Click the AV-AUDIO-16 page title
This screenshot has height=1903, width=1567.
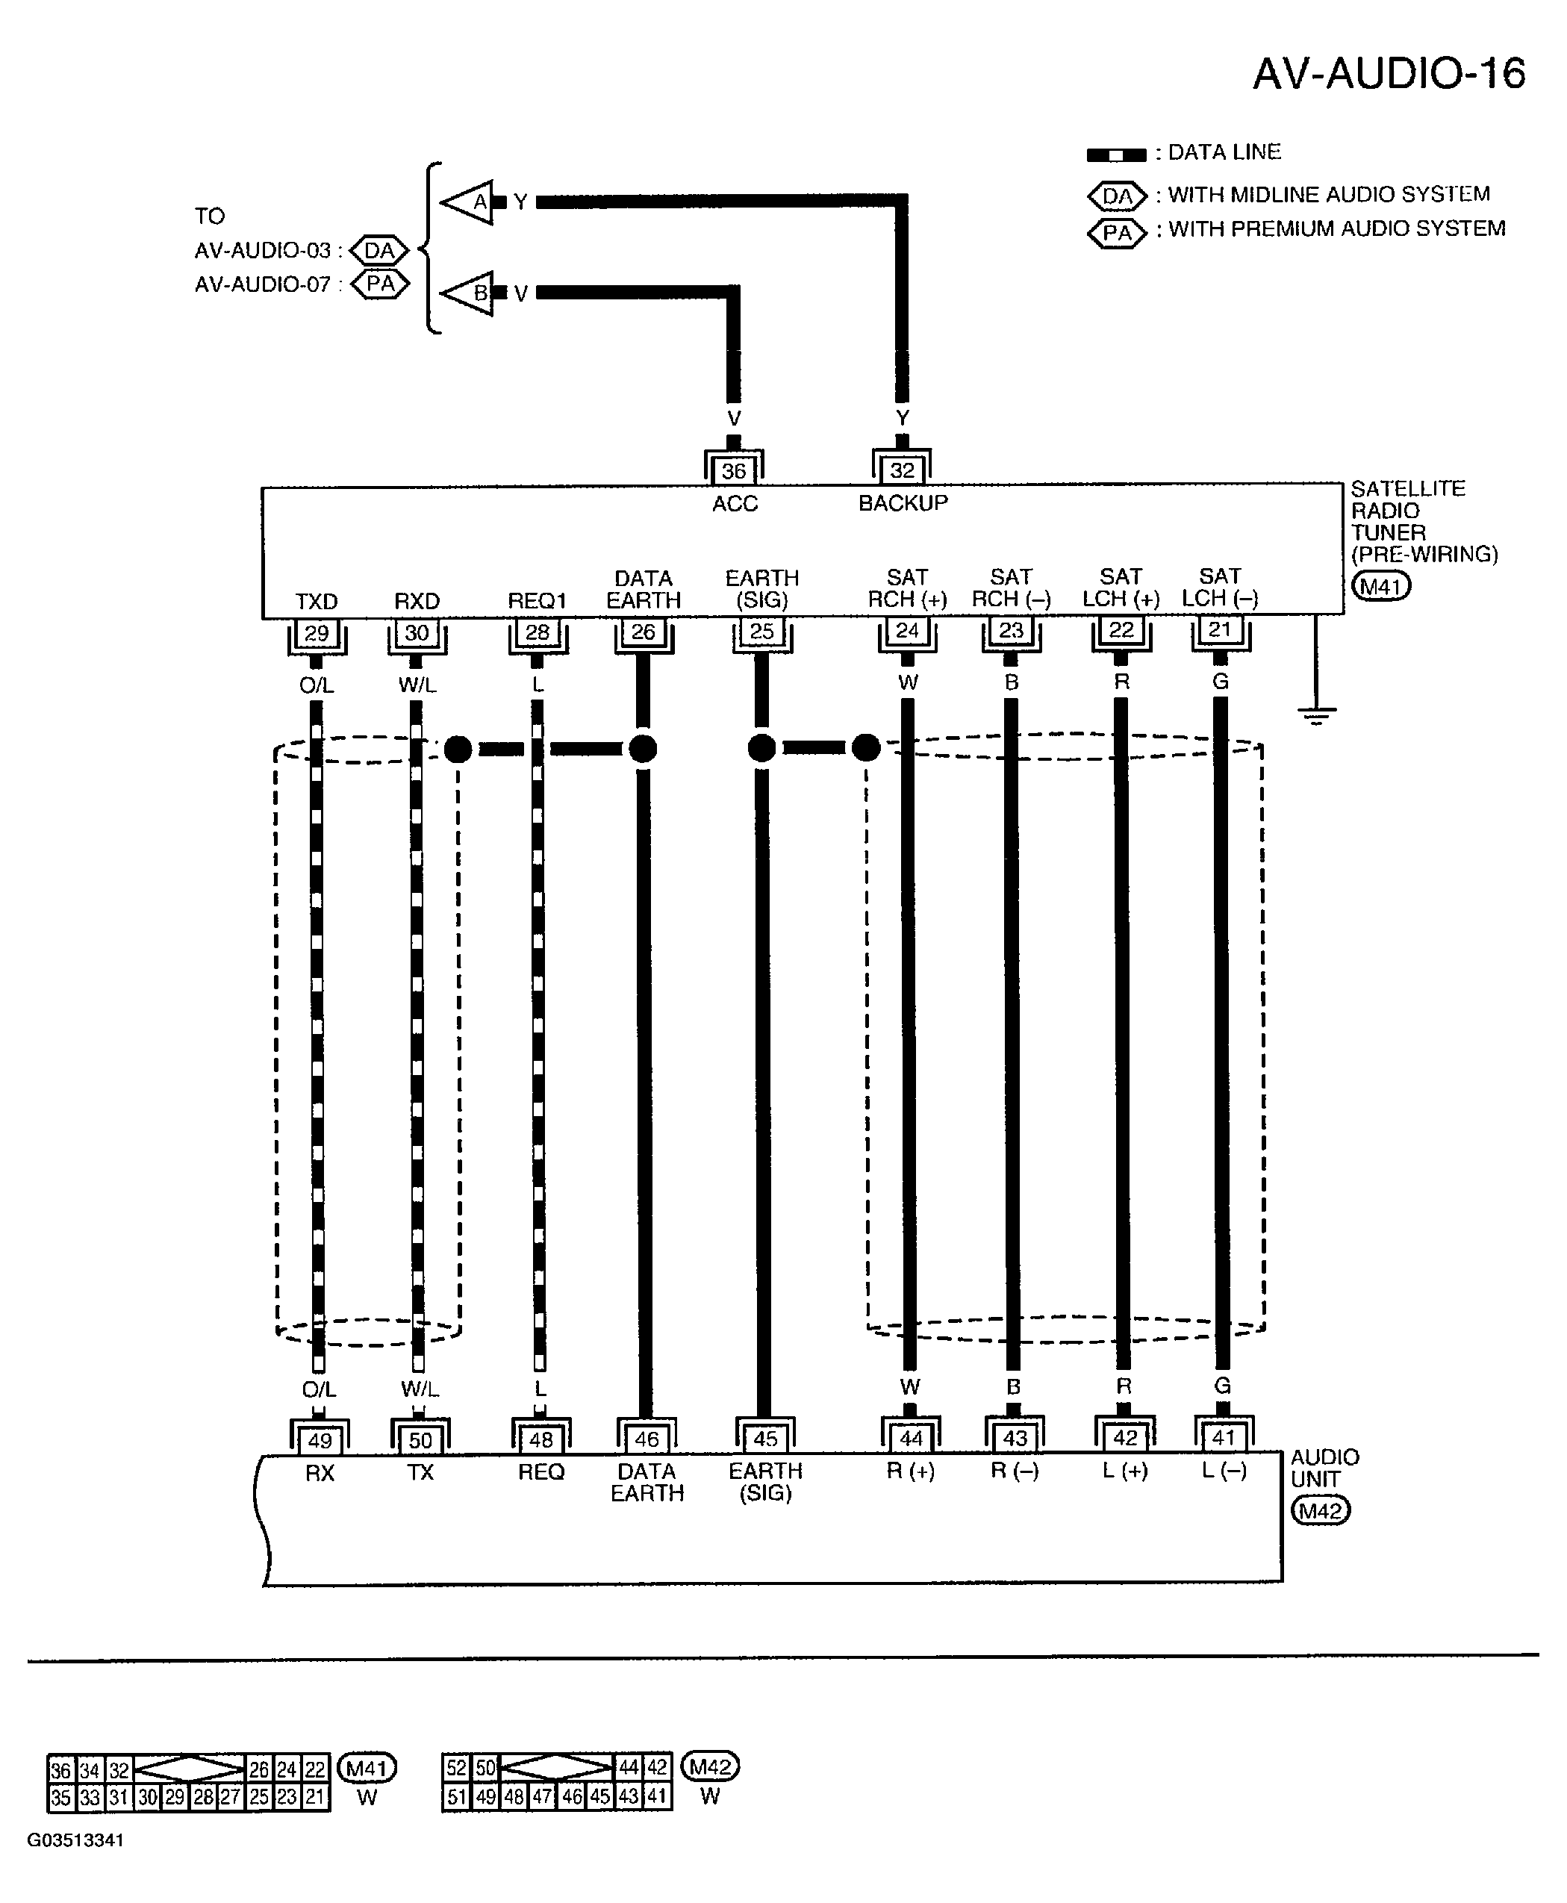(x=1389, y=73)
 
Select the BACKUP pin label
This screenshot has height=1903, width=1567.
(x=903, y=503)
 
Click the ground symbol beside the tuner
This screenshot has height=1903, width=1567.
(x=1316, y=717)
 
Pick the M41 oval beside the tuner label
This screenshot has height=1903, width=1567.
(x=1380, y=586)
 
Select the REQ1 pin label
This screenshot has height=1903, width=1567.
(x=536, y=600)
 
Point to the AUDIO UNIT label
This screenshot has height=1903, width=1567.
(x=1324, y=1468)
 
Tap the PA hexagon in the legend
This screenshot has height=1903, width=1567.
(x=1117, y=233)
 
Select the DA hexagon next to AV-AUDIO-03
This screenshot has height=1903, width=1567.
(x=379, y=250)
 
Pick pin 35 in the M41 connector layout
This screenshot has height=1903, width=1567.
(x=60, y=1796)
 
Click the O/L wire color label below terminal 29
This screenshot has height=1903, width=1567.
(x=316, y=685)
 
